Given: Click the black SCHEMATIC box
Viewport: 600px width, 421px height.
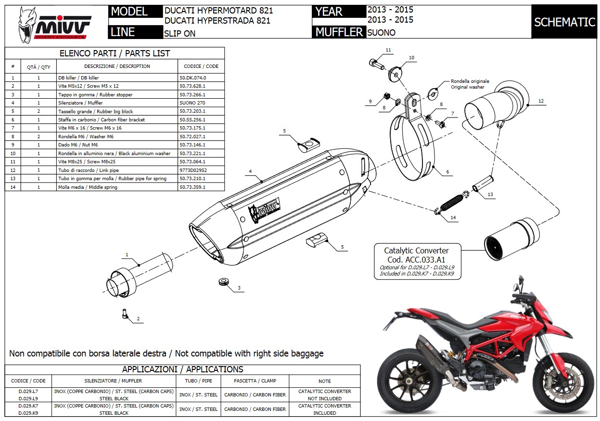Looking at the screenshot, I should coord(564,22).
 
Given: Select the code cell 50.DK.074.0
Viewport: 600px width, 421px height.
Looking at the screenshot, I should coord(192,78).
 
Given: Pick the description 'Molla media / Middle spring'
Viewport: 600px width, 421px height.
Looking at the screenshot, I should coord(88,187).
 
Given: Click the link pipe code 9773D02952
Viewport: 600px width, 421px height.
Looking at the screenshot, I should coord(192,170).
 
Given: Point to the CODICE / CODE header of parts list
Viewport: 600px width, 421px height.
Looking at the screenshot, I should coord(201,66).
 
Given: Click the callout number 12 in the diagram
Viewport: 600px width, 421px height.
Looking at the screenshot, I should coord(541,101).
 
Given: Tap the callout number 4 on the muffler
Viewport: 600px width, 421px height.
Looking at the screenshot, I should coord(250,171).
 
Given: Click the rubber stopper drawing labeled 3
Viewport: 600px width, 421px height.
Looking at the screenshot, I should coord(223,281).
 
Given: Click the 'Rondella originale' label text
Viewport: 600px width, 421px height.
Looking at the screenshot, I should coord(470,81).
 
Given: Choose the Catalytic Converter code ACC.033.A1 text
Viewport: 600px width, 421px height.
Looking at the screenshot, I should coord(416,260).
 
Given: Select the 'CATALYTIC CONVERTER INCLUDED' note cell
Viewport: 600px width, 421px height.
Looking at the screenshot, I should coord(324,409).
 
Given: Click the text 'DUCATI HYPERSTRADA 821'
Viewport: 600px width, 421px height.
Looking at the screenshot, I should coord(217,21).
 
